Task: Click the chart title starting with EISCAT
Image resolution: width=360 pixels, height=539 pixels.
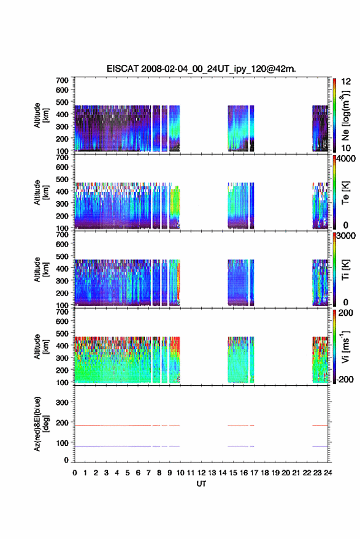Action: point(201,69)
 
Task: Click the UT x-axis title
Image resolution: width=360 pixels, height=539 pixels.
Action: point(201,484)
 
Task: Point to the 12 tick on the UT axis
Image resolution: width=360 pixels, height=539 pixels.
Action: point(202,473)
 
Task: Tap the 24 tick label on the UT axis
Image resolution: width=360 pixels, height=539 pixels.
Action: point(328,473)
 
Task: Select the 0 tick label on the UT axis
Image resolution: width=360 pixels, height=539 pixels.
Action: point(75,473)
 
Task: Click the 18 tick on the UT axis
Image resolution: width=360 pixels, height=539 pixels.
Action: point(265,473)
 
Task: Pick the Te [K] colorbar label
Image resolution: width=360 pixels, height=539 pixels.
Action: point(345,193)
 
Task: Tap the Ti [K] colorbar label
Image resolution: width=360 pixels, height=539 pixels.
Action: point(345,270)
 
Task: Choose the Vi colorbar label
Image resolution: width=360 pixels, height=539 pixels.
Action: point(345,346)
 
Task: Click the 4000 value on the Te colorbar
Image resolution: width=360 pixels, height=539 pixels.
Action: point(346,159)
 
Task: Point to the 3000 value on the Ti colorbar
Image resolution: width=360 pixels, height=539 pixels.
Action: point(346,236)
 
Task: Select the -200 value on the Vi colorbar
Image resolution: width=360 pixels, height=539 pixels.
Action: point(343,379)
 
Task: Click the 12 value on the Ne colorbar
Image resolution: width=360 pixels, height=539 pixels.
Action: point(346,82)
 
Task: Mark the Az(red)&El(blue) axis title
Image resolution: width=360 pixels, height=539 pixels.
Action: point(41,424)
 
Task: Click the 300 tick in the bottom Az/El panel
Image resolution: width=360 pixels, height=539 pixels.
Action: point(62,402)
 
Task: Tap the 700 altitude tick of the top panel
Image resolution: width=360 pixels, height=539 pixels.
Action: point(62,80)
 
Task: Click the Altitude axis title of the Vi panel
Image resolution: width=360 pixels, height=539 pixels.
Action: point(41,346)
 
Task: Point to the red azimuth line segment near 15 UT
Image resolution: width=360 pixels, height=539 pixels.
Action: point(238,426)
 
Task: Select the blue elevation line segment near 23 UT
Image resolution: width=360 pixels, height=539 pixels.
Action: point(320,446)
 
